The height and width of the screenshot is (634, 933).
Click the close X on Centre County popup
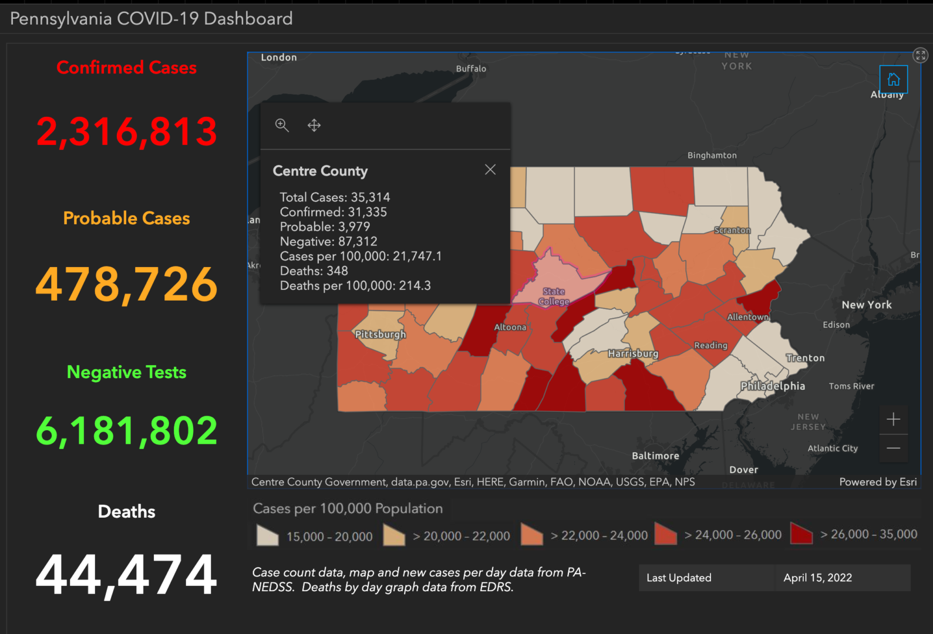490,170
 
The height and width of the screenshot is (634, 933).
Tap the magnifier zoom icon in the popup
282,125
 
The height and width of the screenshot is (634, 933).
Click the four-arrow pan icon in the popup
314,125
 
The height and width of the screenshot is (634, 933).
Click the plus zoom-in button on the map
893,419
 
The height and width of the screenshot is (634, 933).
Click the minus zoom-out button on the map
893,448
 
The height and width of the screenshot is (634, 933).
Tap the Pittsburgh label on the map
380,335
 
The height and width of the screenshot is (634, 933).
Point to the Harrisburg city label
633,353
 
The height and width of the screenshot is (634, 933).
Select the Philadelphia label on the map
772,386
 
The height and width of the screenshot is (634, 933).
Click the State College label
554,296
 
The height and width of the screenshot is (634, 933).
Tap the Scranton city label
732,230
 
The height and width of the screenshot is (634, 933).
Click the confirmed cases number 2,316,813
126,131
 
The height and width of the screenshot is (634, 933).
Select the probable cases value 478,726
126,284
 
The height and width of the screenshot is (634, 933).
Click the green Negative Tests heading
126,372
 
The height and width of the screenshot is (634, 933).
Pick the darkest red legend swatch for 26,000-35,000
801,534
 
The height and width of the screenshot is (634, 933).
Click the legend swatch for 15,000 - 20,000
268,535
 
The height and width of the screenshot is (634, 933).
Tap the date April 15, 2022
817,578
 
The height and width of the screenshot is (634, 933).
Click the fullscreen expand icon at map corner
920,55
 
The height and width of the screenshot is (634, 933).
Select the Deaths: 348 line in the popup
314,271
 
